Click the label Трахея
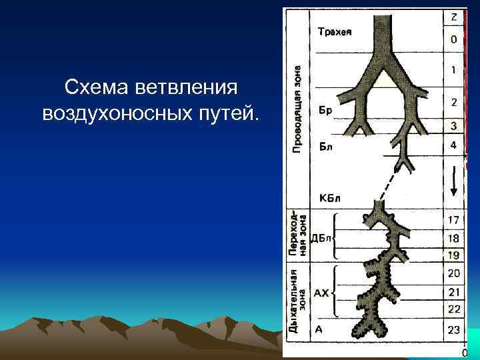click(x=335, y=31)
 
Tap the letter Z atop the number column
click(x=454, y=17)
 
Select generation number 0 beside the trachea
click(x=454, y=39)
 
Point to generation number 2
click(x=454, y=103)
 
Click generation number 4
click(x=454, y=145)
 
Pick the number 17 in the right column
click(x=454, y=219)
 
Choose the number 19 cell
click(x=454, y=255)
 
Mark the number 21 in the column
click(x=454, y=291)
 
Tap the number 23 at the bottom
click(x=454, y=329)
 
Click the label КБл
click(x=330, y=198)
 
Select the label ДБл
click(x=322, y=237)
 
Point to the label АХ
click(x=321, y=292)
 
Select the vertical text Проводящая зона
click(x=297, y=107)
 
